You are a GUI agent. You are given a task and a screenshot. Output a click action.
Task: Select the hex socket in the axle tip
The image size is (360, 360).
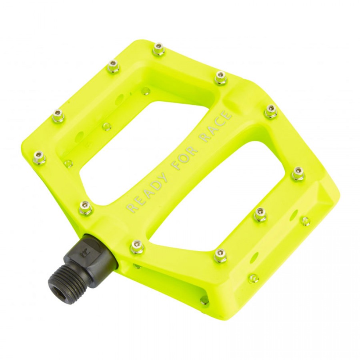pyautogui.click(x=60, y=290)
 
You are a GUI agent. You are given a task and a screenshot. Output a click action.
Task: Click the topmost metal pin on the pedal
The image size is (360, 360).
pyautogui.click(x=159, y=50)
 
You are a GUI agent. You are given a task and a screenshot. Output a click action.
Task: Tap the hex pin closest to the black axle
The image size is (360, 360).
pyautogui.click(x=137, y=246)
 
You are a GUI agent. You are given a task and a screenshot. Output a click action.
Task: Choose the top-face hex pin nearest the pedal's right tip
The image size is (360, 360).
pyautogui.click(x=298, y=173)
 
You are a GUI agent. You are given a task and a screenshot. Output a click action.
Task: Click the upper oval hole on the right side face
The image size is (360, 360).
pyautogui.click(x=295, y=213)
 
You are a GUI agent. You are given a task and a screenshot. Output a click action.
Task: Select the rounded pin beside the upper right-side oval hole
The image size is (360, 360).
pyautogui.click(x=305, y=220)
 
